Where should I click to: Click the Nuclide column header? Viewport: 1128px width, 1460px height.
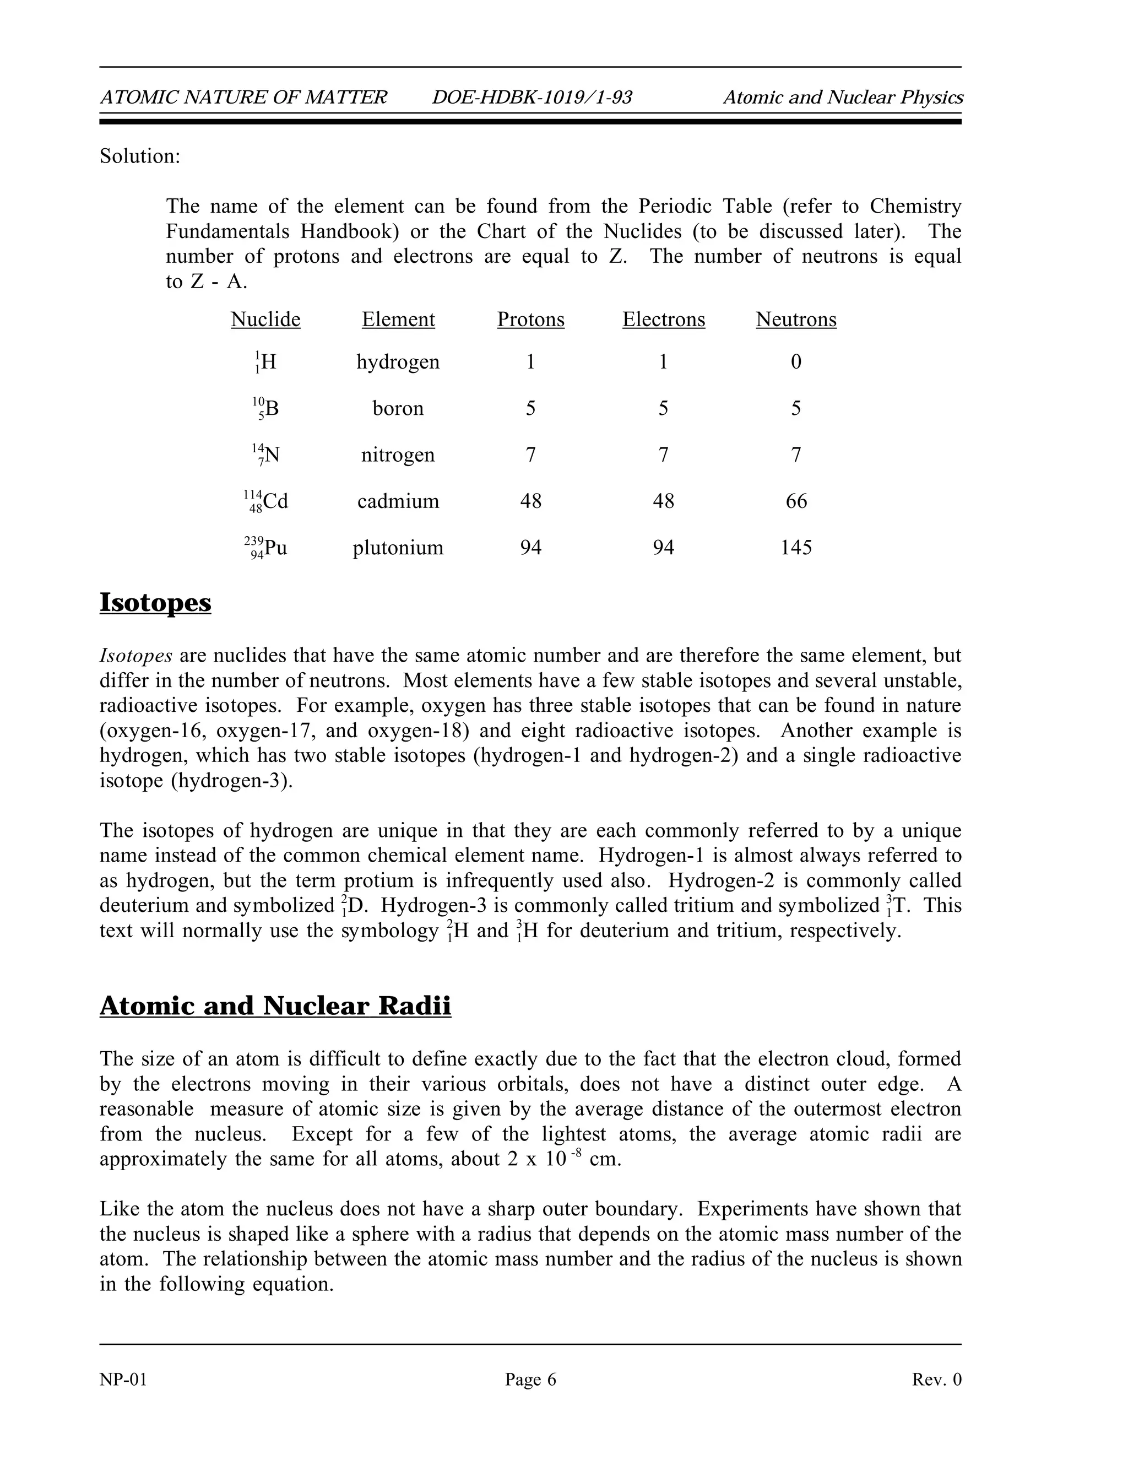tap(265, 320)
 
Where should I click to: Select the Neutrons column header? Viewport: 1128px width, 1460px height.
tap(796, 320)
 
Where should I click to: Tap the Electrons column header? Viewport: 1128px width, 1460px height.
tap(664, 320)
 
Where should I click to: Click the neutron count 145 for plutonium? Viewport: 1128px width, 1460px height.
tap(796, 548)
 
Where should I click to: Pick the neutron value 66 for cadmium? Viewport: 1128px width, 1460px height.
tap(796, 501)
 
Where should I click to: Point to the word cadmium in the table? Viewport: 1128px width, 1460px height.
tap(398, 501)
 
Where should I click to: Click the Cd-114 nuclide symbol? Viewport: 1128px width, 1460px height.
tap(266, 501)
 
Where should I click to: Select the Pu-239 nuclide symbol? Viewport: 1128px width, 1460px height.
tap(266, 548)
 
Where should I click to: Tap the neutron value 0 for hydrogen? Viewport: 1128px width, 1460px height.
tap(796, 361)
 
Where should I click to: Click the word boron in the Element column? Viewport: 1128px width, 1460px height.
tap(398, 408)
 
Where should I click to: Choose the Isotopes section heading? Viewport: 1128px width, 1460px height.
tap(155, 602)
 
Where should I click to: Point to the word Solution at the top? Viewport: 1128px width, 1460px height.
tap(140, 156)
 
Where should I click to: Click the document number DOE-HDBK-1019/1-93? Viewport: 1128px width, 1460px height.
tap(532, 98)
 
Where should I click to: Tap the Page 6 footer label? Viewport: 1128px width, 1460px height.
tap(530, 1380)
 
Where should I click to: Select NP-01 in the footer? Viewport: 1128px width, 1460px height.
tap(123, 1380)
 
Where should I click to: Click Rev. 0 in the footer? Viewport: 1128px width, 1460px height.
tap(936, 1380)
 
